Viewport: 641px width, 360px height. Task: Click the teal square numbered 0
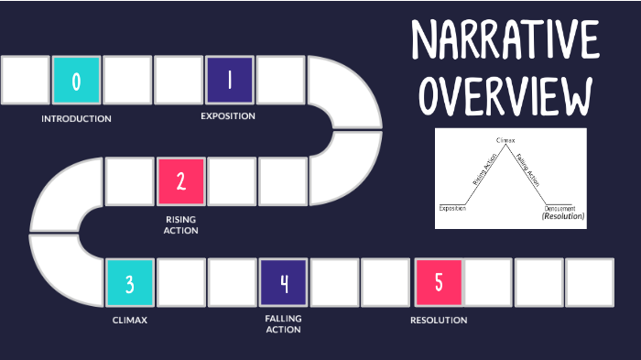point(76,80)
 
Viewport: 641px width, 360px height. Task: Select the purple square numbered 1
point(229,80)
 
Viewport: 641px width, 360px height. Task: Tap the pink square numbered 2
point(180,180)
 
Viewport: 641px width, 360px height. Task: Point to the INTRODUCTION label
point(76,119)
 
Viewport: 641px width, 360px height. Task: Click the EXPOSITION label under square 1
point(228,116)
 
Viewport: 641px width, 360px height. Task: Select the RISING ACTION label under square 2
point(181,224)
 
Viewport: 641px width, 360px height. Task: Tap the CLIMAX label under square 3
point(129,320)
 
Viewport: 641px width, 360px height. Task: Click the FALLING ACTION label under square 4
point(283,323)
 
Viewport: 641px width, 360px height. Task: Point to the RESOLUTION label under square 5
point(439,320)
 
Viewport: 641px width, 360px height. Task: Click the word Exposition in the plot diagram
point(452,208)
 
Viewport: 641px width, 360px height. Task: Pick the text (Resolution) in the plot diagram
point(563,217)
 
